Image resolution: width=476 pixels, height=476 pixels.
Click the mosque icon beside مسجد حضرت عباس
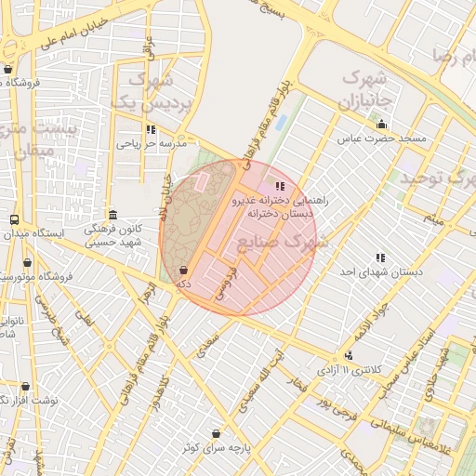pyautogui.click(x=380, y=125)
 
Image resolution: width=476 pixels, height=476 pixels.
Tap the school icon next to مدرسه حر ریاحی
pyautogui.click(x=151, y=129)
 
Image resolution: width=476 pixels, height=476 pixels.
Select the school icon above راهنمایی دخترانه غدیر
pyautogui.click(x=280, y=186)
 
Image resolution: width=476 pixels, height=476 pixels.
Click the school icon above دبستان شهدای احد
pyautogui.click(x=379, y=257)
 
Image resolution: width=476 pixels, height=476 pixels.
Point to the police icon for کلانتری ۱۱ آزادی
pyautogui.click(x=349, y=355)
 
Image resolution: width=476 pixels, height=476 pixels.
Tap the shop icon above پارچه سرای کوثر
pyautogui.click(x=217, y=433)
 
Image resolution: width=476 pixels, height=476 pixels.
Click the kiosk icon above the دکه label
pyautogui.click(x=182, y=270)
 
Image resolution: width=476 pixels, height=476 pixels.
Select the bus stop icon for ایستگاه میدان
pyautogui.click(x=13, y=219)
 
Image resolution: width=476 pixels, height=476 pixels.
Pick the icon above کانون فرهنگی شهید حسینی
pyautogui.click(x=112, y=213)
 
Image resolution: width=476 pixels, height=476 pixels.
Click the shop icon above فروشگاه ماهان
pyautogui.click(x=7, y=68)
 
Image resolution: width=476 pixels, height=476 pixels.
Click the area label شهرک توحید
pyautogui.click(x=435, y=178)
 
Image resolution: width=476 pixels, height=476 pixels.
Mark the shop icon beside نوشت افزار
pyautogui.click(x=25, y=386)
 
